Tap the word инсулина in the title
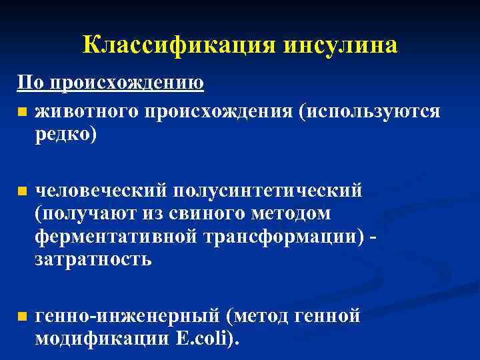click(x=341, y=45)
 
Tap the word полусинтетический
click(x=268, y=191)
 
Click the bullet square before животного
click(x=22, y=111)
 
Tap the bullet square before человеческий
click(x=22, y=191)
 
